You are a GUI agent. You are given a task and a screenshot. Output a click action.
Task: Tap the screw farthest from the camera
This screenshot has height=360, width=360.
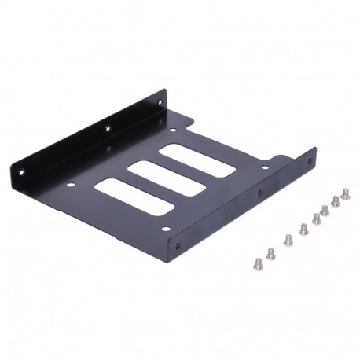[345, 194]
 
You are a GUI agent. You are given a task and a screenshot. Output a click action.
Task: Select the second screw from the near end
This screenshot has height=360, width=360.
[271, 253]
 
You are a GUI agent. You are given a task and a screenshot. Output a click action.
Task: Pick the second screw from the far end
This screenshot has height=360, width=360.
[336, 201]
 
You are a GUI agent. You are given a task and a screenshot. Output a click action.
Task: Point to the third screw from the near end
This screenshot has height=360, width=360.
[288, 241]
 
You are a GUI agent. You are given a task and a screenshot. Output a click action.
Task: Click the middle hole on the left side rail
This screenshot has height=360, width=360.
[108, 128]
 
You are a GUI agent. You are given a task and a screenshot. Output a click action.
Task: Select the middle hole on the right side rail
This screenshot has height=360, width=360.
[260, 192]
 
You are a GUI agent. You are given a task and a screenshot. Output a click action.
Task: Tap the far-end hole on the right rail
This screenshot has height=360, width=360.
[308, 161]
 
